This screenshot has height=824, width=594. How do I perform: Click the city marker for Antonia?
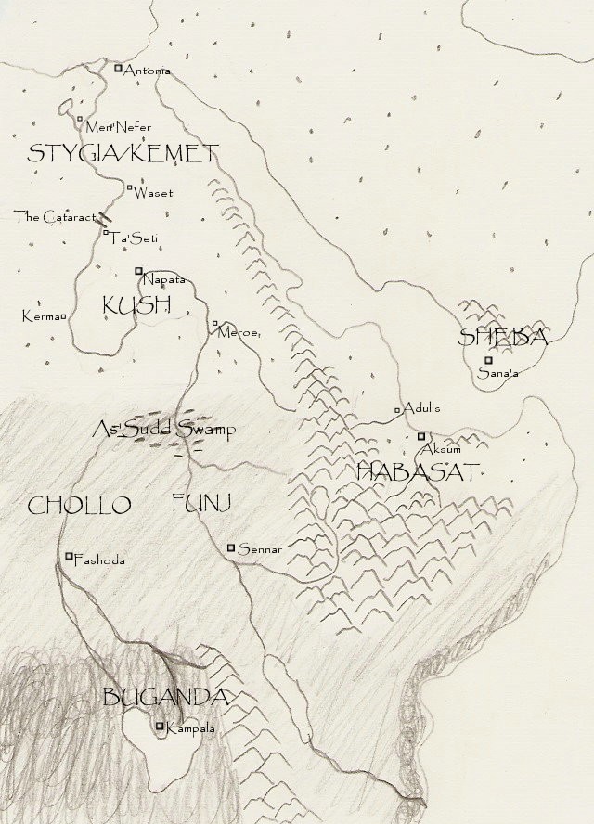coord(118,68)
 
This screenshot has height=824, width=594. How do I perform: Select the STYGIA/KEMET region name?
coord(123,153)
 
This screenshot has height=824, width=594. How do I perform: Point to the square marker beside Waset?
coord(129,187)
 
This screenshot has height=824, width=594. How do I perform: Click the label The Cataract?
coord(55,217)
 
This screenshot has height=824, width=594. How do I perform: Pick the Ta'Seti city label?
coord(135,239)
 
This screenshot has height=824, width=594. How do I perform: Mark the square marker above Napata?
coord(138,271)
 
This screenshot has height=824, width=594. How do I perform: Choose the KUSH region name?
coord(136,305)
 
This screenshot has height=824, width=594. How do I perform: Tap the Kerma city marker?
coord(65,316)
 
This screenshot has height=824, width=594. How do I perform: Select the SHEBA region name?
coord(503,338)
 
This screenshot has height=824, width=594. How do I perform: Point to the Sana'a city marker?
coord(488,360)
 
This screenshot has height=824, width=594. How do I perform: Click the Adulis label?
coord(421,407)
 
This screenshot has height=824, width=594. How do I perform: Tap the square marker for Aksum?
coord(420,435)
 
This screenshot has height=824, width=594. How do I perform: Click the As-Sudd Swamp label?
coord(164,429)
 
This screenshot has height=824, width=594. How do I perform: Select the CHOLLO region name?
coord(79,506)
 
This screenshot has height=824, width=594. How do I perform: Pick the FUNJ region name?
coord(200,504)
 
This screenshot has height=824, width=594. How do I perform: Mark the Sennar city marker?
coord(231,547)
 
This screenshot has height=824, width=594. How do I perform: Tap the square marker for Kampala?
coord(160,727)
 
